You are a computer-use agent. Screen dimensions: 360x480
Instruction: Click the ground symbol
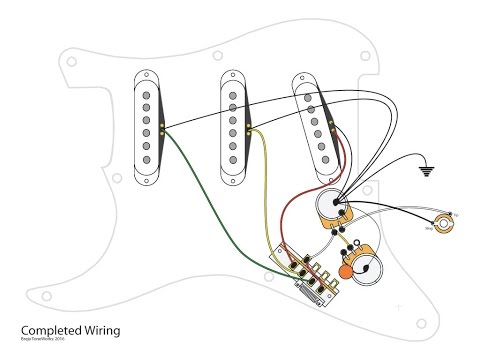pos(427,171)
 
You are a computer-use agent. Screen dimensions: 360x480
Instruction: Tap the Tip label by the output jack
pos(455,216)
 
